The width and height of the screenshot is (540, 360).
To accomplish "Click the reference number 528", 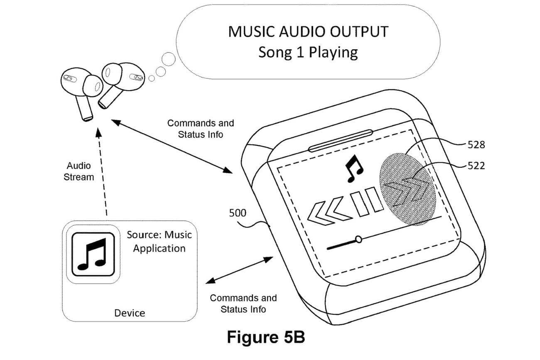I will tap(476, 145).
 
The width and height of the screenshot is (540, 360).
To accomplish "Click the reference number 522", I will tap(476, 166).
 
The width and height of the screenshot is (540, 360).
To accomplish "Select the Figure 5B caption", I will tap(266, 337).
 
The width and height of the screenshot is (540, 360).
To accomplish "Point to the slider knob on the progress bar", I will tap(358, 239).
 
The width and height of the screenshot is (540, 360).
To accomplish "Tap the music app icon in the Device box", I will tap(93, 254).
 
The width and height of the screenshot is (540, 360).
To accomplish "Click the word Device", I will tap(130, 313).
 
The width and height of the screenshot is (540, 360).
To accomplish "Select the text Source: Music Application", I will tap(159, 241).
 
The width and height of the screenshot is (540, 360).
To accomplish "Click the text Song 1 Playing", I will tap(308, 52).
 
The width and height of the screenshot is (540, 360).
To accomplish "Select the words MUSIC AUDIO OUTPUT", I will tap(308, 32).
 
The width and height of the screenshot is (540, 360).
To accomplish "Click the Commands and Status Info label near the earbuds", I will tap(201, 129).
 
